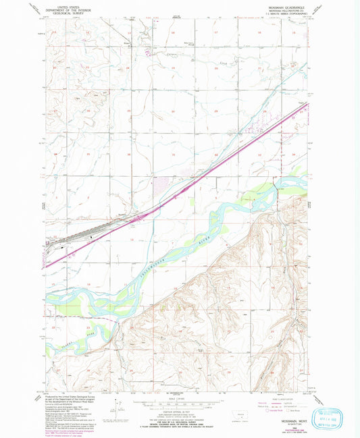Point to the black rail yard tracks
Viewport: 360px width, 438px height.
[81, 234]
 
